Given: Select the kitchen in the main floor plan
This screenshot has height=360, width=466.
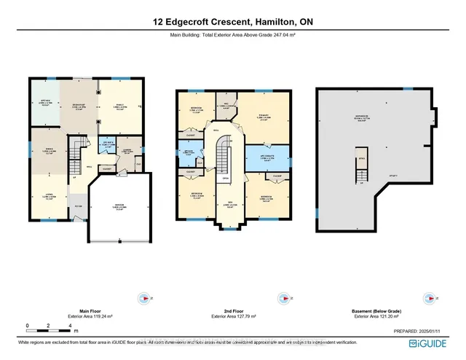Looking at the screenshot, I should pos(44,103).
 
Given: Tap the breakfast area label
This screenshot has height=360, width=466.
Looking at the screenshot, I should pos(77,105).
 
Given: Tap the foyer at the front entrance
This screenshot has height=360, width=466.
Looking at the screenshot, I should pos(79,206).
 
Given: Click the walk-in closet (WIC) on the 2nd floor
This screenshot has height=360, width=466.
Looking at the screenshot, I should pos(225,105).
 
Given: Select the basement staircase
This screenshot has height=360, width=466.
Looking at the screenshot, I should pos(360,170).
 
